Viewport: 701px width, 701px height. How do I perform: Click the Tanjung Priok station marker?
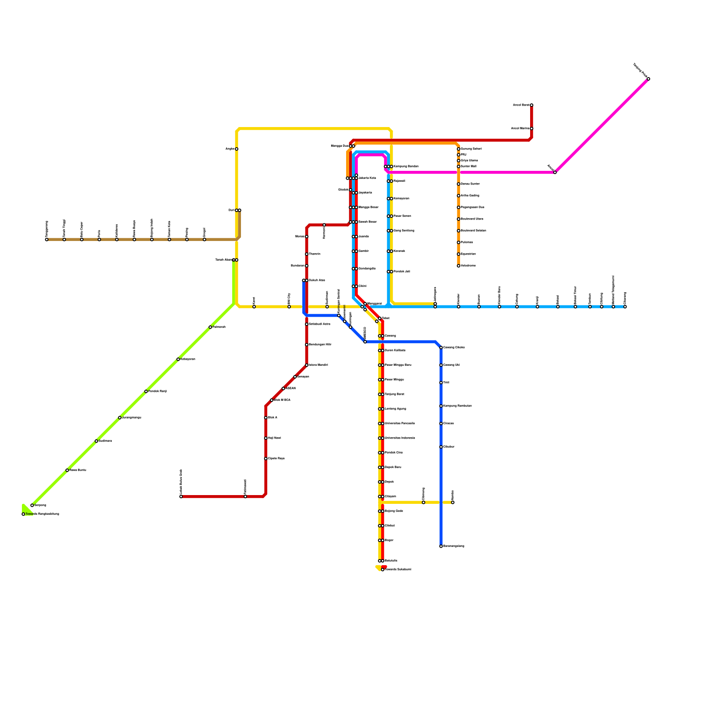648,79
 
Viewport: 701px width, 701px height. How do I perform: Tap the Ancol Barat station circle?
531,105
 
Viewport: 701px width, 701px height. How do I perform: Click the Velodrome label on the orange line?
468,266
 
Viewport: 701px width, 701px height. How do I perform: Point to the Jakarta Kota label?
367,178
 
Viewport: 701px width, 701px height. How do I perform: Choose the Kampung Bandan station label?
406,166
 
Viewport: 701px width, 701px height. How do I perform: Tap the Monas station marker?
307,237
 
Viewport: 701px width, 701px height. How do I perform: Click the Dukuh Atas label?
317,280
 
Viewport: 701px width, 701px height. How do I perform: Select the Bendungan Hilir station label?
320,345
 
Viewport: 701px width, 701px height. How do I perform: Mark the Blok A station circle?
266,418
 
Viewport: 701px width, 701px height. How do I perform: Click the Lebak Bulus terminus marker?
181,496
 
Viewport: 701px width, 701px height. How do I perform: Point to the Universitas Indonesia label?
400,438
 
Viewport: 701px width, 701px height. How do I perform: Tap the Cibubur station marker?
441,447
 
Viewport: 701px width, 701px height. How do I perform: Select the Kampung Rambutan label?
457,406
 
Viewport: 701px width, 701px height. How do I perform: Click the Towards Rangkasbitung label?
42,514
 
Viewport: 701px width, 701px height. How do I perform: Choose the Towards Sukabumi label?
398,570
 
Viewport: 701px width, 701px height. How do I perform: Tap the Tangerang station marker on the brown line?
46,240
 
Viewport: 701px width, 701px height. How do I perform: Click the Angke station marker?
237,149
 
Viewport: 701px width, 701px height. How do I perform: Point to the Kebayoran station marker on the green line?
178,359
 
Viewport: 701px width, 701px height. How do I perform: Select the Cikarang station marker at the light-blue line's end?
625,307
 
